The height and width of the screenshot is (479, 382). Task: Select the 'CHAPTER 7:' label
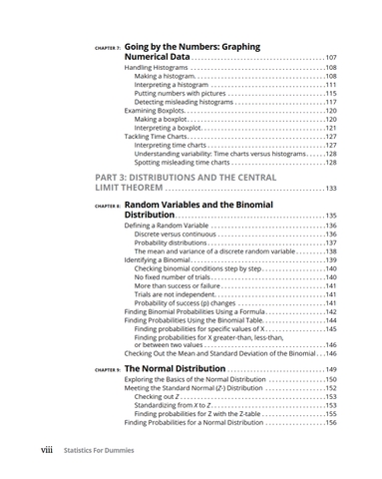105,48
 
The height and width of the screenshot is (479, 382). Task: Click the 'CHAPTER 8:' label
105,205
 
